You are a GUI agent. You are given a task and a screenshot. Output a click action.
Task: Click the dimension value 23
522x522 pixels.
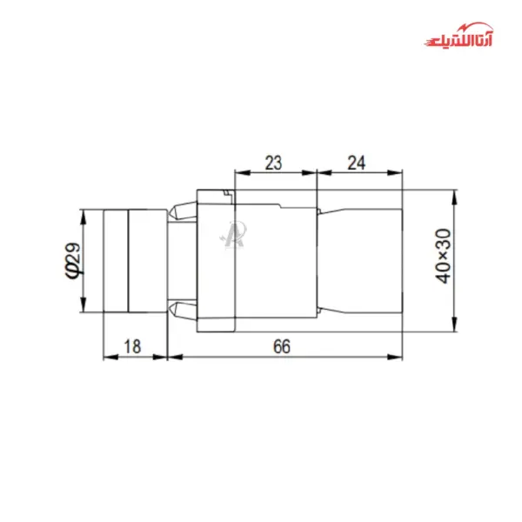pyautogui.click(x=273, y=162)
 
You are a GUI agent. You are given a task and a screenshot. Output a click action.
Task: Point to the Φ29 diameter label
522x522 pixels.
pyautogui.click(x=71, y=259)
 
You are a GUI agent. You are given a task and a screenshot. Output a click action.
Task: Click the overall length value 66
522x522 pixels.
pyautogui.click(x=281, y=346)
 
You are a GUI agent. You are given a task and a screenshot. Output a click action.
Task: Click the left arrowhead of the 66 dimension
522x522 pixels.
pyautogui.click(x=171, y=356)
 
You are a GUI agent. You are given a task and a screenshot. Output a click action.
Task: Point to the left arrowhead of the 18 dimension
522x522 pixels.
pyautogui.click(x=107, y=356)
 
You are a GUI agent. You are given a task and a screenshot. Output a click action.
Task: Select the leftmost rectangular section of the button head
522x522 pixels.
pyautogui.click(x=115, y=259)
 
